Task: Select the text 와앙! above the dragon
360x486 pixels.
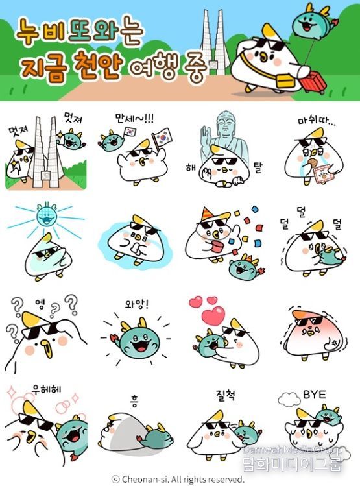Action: pos(136,302)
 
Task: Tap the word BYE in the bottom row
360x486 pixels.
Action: pos(314,395)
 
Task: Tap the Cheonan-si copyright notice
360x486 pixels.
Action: pos(178,479)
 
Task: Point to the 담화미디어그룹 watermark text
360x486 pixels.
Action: pos(299,465)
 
